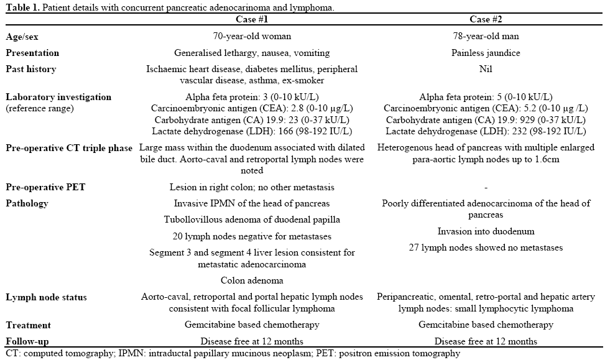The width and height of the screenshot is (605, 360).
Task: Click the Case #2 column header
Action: coord(485,20)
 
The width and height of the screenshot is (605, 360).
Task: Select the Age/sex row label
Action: coord(23,37)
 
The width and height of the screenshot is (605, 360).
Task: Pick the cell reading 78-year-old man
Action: coord(485,37)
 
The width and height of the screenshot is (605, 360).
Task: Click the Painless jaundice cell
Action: coord(485,53)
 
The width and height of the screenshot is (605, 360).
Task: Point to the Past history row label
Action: coord(31,69)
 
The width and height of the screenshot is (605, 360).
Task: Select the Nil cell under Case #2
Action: coord(485,69)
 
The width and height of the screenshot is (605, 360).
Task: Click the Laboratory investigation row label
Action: coord(58,97)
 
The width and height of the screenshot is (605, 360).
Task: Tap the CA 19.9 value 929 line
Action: coord(485,119)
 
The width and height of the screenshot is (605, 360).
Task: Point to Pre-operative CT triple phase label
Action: coord(69,148)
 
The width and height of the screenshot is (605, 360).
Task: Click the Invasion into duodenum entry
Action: coord(485,231)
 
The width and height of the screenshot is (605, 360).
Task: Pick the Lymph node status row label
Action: coord(47,297)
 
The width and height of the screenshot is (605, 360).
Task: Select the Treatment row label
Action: coord(29,325)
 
